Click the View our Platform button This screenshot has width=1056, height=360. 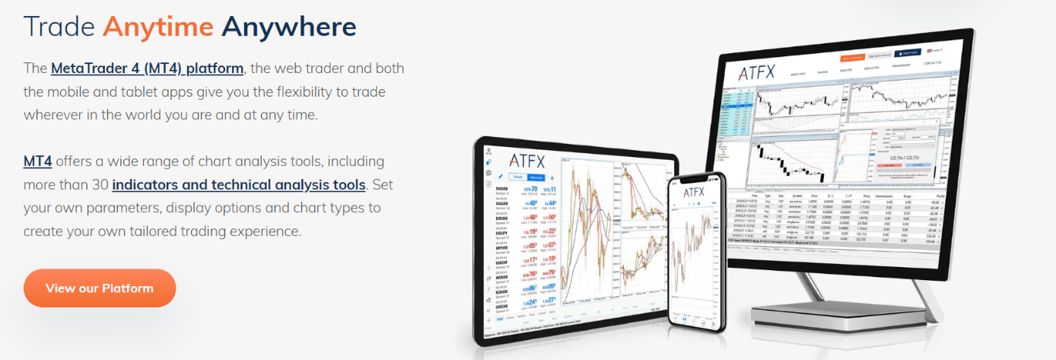point(100,288)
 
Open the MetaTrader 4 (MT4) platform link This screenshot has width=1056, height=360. point(147,68)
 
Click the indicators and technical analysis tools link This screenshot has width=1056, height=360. point(239,185)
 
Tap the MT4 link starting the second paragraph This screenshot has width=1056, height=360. point(37,161)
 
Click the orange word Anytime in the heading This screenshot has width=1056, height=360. point(157,27)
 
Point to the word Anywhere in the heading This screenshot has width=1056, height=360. point(288,27)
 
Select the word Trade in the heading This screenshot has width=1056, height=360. point(59,27)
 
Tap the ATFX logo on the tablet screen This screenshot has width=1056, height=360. point(526,161)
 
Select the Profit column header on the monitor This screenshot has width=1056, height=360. point(939,196)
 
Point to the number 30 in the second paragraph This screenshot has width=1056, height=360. point(98,185)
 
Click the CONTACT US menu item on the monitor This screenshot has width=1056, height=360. point(932,63)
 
